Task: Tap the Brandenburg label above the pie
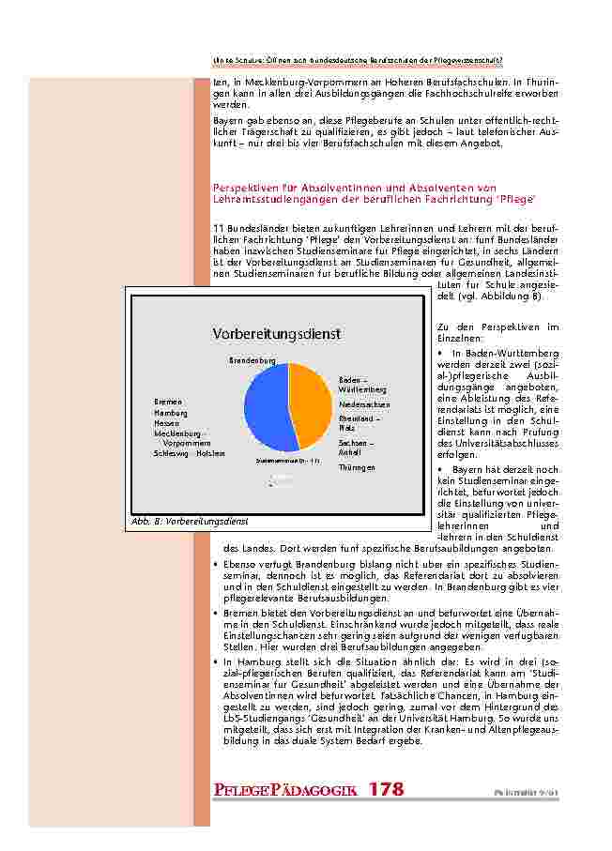pos(252,360)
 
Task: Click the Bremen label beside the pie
pos(168,402)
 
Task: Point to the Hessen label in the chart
pos(167,423)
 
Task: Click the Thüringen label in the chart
pos(357,466)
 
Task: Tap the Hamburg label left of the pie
pos(171,413)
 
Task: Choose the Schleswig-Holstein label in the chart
pos(190,453)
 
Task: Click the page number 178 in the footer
pos(386,790)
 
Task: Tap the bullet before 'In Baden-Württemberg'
pos(441,353)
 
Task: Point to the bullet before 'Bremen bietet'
pos(217,611)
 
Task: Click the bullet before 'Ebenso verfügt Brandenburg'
pos(217,566)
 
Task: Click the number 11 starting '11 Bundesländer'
pos(219,229)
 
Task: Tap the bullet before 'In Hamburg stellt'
pos(217,661)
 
